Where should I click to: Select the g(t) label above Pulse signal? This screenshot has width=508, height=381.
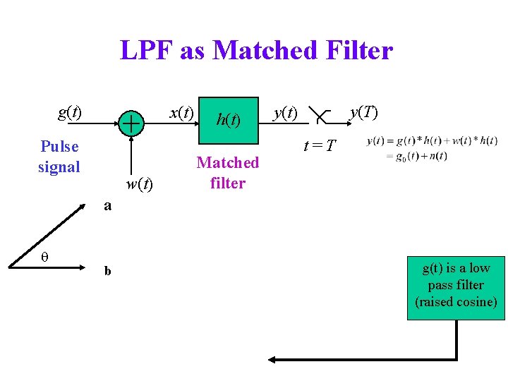pyautogui.click(x=69, y=112)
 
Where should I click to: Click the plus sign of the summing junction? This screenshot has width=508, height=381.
pyautogui.click(x=131, y=123)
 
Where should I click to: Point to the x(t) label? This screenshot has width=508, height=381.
pyautogui.click(x=181, y=113)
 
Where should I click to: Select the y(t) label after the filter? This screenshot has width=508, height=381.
pyautogui.click(x=285, y=113)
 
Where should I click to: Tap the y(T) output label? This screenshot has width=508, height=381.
pyautogui.click(x=364, y=113)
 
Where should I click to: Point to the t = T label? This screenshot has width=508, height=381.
pyautogui.click(x=319, y=146)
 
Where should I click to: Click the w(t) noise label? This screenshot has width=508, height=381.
pyautogui.click(x=138, y=185)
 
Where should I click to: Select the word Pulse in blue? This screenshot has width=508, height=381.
pyautogui.click(x=59, y=147)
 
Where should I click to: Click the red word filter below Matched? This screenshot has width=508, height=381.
pyautogui.click(x=228, y=183)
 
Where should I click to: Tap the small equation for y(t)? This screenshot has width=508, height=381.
pyautogui.click(x=432, y=148)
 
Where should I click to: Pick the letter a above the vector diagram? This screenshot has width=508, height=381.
pyautogui.click(x=107, y=206)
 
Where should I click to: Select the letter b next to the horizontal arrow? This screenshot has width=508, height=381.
pyautogui.click(x=107, y=270)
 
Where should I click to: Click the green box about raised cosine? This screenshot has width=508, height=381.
pyautogui.click(x=455, y=286)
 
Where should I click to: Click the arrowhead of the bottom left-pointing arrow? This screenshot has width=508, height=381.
pyautogui.click(x=272, y=359)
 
